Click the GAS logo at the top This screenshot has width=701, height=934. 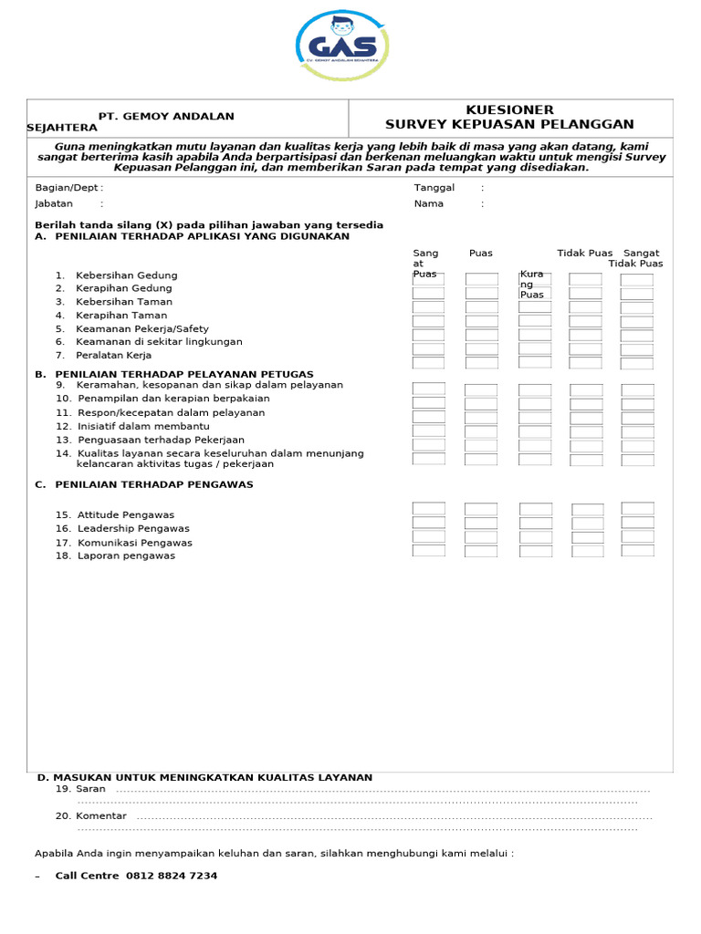coord(342,47)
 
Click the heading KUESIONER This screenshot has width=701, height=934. coord(509,109)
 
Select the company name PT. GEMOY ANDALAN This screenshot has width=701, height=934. coord(166,116)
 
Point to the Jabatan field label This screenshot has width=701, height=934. coord(54,203)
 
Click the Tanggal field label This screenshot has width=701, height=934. coord(434,187)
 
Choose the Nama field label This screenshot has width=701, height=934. coord(428,203)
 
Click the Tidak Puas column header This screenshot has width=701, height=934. coord(585,253)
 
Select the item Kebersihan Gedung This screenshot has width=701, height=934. coord(126,275)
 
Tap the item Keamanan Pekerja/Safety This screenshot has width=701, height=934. coord(141,328)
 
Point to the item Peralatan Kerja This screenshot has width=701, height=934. coord(113,355)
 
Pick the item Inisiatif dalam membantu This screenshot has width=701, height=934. coord(143,426)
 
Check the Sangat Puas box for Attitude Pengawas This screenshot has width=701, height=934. coord(428,509)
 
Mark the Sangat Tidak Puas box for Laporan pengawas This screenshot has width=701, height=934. coord(637,551)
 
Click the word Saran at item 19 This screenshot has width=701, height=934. coord(91,788)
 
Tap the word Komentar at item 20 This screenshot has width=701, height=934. coord(102,815)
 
